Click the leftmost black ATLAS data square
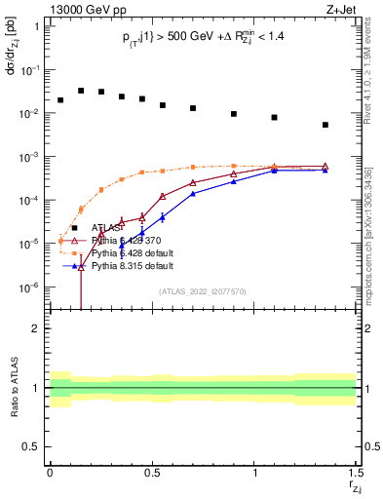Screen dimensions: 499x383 click(60, 99)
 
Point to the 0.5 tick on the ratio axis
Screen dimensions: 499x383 click(31, 446)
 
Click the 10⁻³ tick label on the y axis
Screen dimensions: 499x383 click(31, 157)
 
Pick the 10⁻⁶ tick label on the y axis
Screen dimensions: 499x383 click(31, 288)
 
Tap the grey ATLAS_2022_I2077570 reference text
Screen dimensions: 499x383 click(202, 291)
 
